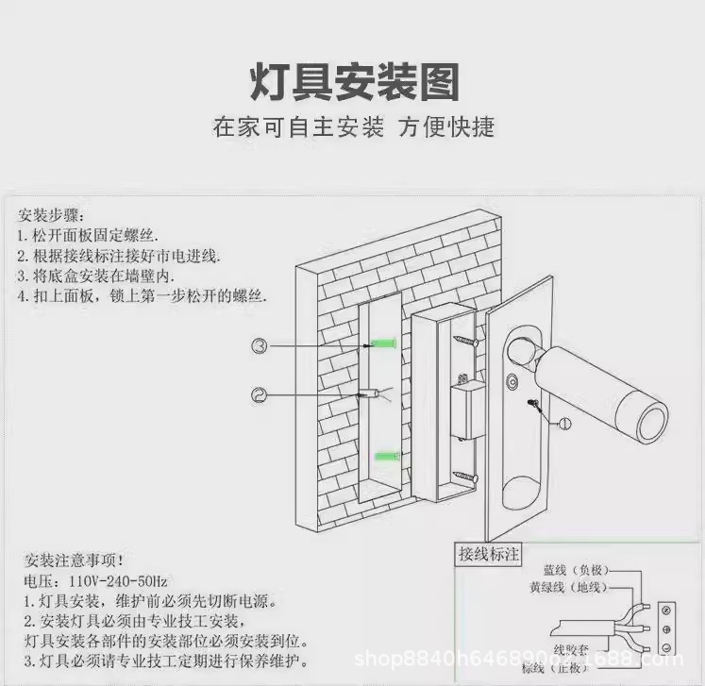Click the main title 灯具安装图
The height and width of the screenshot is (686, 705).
tap(353, 82)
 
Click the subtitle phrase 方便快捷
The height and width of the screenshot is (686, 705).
tap(446, 127)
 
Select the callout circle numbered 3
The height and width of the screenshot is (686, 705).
tap(260, 345)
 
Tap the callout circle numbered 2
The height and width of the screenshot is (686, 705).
tap(260, 393)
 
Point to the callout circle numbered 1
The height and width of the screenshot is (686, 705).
tap(563, 424)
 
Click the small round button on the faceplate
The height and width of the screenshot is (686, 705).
tap(512, 384)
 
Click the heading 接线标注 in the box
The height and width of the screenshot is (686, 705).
tap(488, 554)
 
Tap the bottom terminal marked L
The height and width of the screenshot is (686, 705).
tap(667, 647)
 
